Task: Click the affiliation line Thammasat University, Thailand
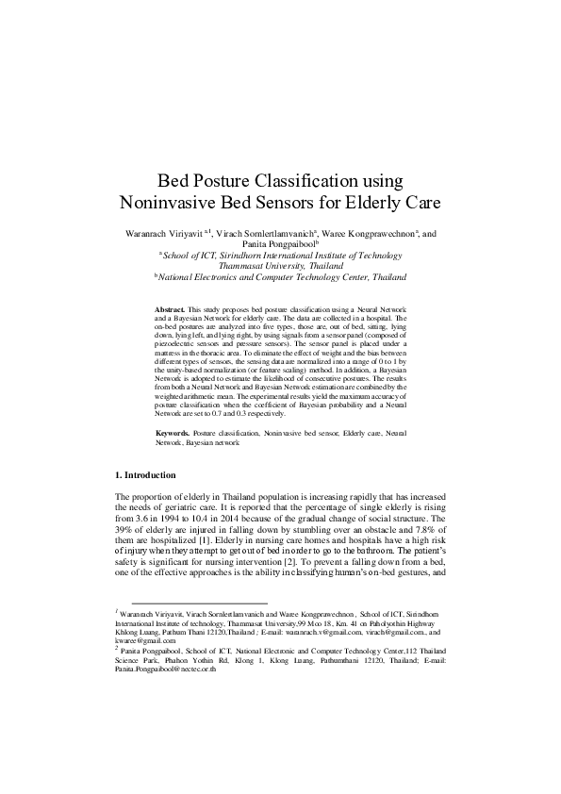point(280,266)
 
